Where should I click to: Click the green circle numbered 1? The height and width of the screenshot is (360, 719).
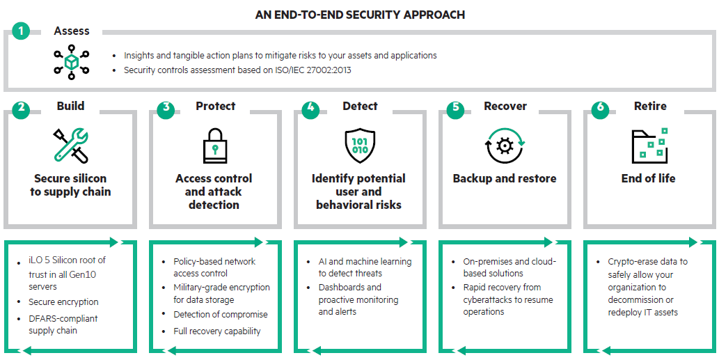tap(21, 31)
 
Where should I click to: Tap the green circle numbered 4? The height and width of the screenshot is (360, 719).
tap(310, 108)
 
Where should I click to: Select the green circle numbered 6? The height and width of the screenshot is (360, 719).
tap(600, 108)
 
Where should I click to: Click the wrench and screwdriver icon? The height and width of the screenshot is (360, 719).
tap(70, 145)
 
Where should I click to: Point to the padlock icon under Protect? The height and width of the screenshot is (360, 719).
tap(214, 146)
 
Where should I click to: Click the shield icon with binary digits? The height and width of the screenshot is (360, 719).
tap(359, 146)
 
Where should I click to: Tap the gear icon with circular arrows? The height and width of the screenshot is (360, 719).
tap(504, 146)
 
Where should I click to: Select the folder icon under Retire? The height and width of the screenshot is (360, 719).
tap(649, 146)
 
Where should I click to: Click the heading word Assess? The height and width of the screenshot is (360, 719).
tap(72, 31)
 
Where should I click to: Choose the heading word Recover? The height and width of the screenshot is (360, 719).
tap(504, 107)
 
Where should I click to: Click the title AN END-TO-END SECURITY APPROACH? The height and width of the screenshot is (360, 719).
tap(360, 14)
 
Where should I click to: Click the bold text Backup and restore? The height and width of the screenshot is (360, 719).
tap(505, 179)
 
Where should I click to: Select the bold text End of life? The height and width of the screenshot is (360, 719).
tap(648, 179)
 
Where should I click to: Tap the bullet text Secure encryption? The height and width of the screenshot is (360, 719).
tap(63, 302)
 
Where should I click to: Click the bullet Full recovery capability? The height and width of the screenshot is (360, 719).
tap(216, 331)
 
